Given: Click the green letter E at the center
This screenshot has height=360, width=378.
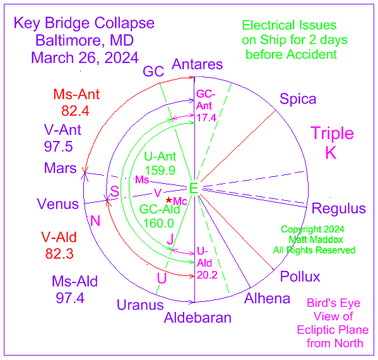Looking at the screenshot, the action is click(x=194, y=188).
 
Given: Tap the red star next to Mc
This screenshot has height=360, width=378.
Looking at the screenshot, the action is click(x=169, y=200).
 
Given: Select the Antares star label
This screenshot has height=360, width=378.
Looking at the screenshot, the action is click(x=197, y=64).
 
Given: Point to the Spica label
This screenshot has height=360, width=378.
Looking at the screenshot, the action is click(x=298, y=99).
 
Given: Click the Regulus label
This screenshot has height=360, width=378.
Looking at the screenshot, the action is click(x=339, y=208).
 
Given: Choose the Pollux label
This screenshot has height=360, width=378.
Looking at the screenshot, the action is click(x=300, y=277).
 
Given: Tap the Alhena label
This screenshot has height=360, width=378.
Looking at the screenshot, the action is click(x=267, y=299).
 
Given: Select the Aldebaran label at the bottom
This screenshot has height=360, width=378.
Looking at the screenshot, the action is click(x=198, y=318).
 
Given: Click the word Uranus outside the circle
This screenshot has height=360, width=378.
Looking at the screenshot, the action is click(x=140, y=305).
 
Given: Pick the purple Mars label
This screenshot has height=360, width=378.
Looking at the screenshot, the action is click(x=61, y=168).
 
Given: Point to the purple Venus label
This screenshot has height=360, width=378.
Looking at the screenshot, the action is click(x=58, y=204).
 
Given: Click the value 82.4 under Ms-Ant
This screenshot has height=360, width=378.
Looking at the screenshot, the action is click(x=75, y=111).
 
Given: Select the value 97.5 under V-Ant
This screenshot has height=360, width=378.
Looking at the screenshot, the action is click(x=58, y=147).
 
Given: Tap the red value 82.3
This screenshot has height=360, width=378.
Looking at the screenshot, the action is click(x=59, y=254).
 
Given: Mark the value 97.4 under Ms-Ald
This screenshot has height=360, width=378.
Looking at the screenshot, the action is click(x=70, y=298).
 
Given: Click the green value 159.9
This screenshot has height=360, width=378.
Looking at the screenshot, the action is click(x=160, y=171).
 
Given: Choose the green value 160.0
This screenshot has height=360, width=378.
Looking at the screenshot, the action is click(x=158, y=223).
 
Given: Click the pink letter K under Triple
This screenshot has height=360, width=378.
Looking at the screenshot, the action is click(x=331, y=153).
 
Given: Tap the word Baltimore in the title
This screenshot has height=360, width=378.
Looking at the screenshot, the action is click(x=70, y=40).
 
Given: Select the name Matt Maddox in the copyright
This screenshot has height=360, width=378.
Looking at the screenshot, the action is click(x=316, y=240).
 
